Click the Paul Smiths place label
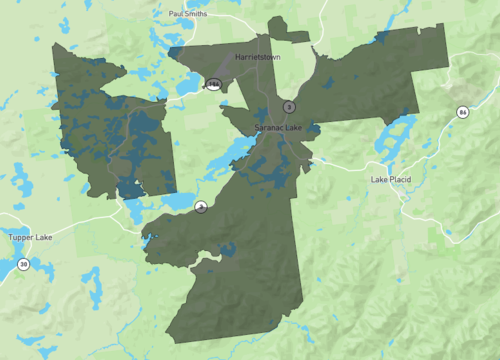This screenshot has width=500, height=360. click(x=189, y=15)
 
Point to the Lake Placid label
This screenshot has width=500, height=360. click(x=393, y=179)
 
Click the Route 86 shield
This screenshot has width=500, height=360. click(x=463, y=111)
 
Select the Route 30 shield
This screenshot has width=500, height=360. click(x=23, y=264)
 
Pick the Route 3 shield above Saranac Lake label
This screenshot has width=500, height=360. click(x=288, y=106)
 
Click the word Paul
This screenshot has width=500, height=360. click(x=177, y=15)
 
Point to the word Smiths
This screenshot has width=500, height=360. click(x=196, y=15)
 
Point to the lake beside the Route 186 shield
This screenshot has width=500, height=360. click(x=190, y=88)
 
